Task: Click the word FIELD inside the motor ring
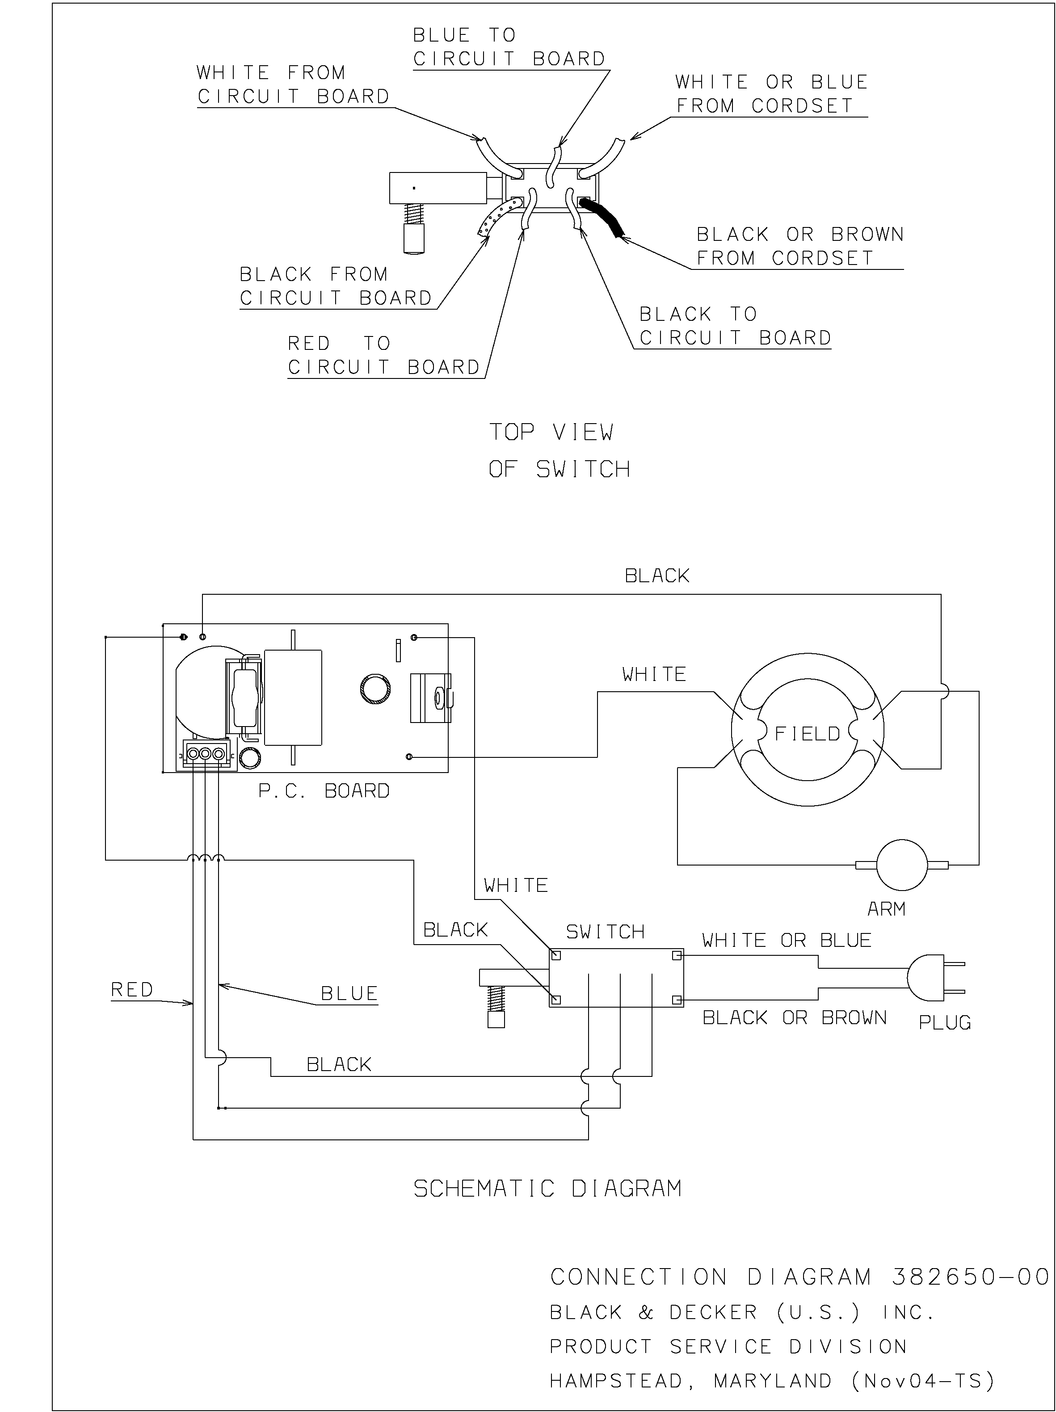807,733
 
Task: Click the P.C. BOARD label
324,791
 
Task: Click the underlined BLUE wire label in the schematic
349,993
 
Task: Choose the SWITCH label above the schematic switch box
605,932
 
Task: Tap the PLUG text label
944,1023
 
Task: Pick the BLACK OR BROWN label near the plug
794,1017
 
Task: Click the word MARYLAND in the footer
773,1381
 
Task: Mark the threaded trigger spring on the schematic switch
496,997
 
